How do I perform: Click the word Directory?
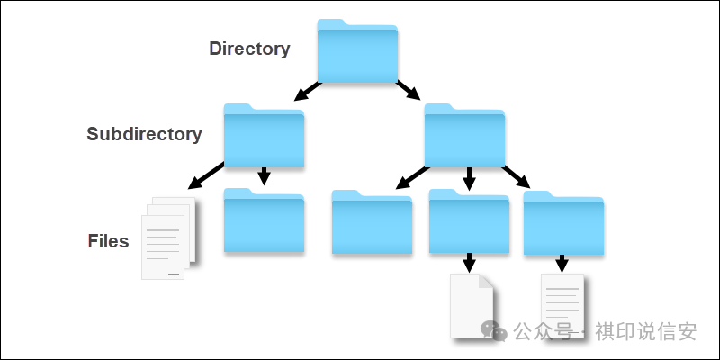click(x=249, y=49)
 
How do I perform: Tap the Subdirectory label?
click(x=144, y=134)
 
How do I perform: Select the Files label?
click(x=108, y=241)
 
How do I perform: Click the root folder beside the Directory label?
click(x=357, y=52)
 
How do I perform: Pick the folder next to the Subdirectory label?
click(x=264, y=137)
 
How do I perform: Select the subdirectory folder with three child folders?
click(x=464, y=137)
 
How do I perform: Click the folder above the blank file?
click(x=469, y=221)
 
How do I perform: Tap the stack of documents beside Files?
click(x=168, y=238)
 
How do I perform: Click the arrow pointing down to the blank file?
click(x=469, y=263)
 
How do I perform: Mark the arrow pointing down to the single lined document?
click(x=562, y=263)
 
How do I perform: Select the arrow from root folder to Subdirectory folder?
click(x=306, y=91)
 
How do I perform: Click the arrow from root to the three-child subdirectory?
click(x=409, y=91)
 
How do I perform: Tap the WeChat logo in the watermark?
click(x=493, y=330)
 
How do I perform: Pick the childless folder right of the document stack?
click(x=264, y=221)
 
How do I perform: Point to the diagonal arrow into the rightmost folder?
click(x=517, y=175)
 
